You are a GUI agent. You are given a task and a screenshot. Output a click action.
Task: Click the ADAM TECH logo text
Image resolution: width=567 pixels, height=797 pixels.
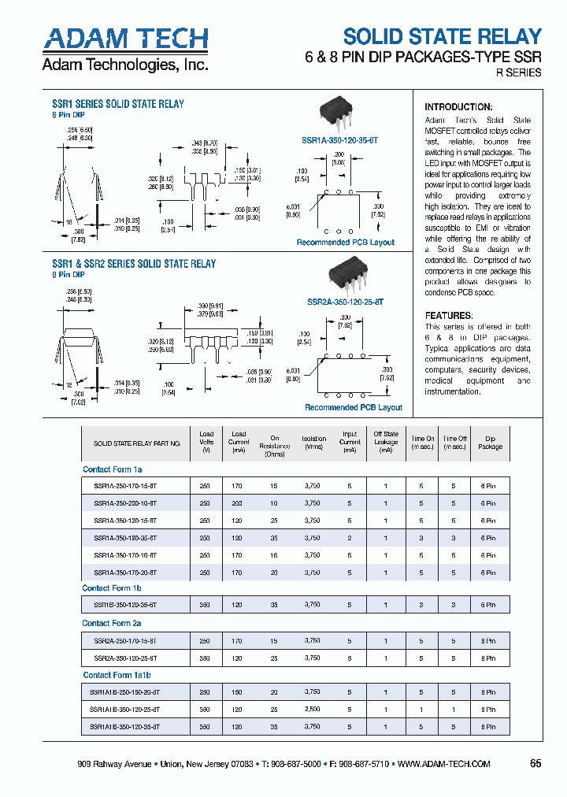(125, 39)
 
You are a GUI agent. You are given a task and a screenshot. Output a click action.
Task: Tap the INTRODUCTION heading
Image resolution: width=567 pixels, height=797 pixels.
(458, 107)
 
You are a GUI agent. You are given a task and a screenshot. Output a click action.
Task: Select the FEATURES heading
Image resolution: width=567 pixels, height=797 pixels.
(449, 315)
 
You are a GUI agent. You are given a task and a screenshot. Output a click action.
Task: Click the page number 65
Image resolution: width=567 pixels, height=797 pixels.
(535, 764)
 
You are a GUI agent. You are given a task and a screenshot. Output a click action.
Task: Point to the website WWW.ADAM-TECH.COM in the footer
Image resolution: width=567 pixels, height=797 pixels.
(444, 764)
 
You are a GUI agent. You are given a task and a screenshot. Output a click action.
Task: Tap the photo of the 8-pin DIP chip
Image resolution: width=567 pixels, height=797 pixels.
(345, 277)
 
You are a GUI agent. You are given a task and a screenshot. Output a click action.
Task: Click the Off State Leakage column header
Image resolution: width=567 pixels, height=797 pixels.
(386, 443)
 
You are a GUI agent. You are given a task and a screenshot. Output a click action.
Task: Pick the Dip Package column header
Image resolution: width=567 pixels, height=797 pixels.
(490, 443)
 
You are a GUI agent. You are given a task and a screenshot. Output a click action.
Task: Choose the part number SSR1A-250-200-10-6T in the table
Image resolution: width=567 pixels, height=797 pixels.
(124, 502)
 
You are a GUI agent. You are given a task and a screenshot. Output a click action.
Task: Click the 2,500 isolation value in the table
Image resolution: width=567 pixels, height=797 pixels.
(313, 709)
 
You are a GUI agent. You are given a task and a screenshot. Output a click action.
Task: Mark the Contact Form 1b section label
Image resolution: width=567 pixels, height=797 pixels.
(112, 588)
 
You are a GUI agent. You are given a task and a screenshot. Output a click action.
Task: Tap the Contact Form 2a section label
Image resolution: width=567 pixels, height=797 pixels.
(112, 623)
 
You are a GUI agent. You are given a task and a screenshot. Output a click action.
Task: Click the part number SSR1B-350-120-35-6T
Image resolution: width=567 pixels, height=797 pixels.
(124, 606)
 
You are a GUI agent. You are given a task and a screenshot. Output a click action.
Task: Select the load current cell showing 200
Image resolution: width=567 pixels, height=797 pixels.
(239, 502)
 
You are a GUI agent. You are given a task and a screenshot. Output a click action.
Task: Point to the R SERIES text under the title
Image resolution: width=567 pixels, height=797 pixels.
(518, 72)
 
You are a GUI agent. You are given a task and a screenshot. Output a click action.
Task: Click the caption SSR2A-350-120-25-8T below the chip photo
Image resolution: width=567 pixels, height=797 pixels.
(344, 302)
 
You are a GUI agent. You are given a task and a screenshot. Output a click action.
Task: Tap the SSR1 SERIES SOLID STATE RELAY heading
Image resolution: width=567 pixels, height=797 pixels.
(118, 104)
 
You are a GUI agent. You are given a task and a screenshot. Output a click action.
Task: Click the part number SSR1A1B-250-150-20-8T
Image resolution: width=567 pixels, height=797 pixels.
(124, 691)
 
